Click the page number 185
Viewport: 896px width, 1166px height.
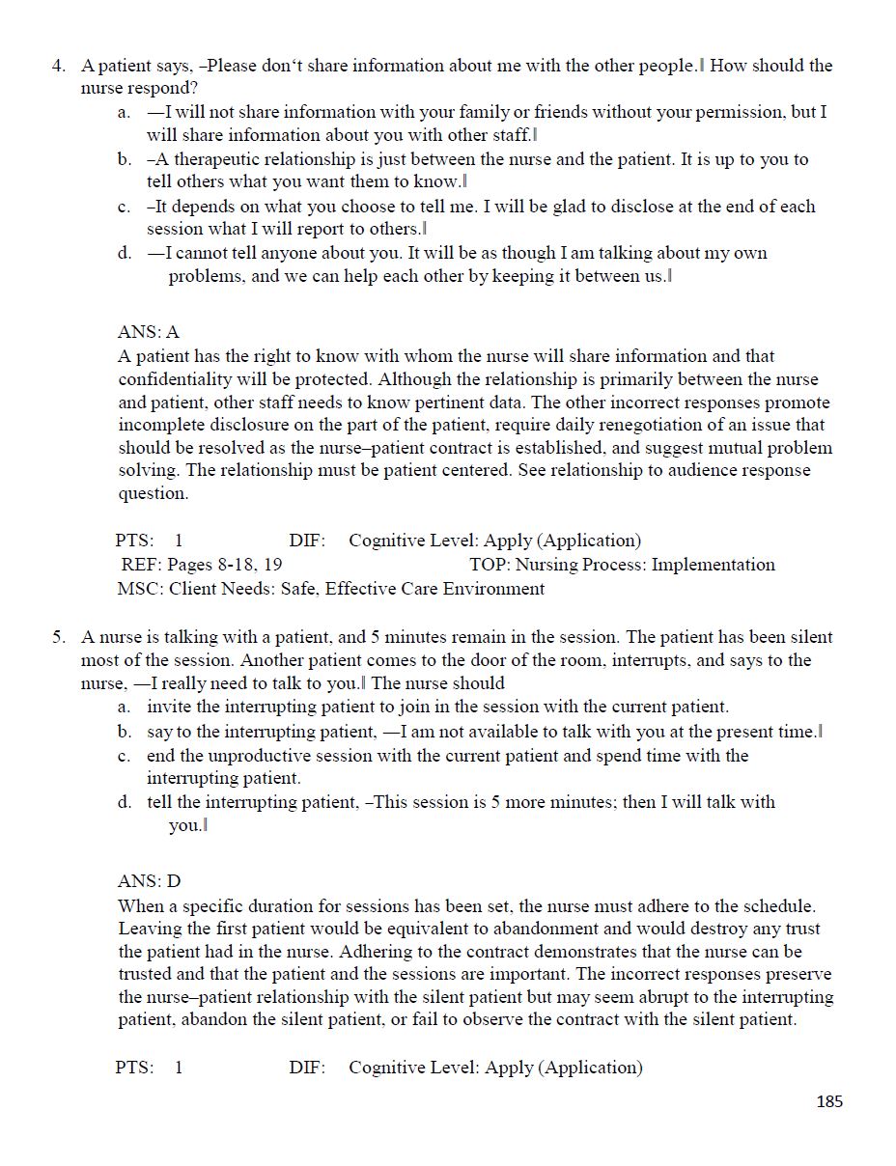828,1101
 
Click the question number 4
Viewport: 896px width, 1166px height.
58,67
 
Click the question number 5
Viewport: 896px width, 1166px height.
58,638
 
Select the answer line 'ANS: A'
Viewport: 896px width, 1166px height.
149,332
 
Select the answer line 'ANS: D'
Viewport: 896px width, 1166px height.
149,881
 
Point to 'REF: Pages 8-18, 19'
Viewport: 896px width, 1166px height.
201,565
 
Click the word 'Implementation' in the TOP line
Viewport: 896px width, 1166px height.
714,565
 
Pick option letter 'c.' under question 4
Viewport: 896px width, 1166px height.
125,207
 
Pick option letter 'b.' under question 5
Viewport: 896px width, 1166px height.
125,733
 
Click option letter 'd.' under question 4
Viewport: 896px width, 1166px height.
125,254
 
